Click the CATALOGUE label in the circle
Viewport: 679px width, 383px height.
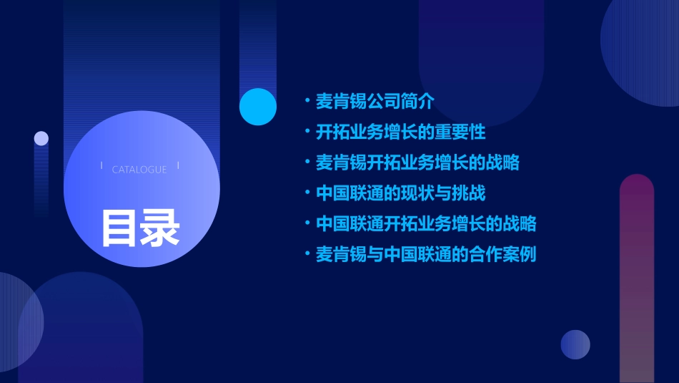[x=139, y=170]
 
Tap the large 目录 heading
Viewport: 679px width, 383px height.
[x=140, y=228]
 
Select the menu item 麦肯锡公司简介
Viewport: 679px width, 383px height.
[x=375, y=102]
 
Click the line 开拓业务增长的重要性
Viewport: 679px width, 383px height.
[x=401, y=132]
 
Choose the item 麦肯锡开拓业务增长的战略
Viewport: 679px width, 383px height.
[x=417, y=163]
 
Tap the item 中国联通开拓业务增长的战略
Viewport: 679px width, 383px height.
[x=426, y=223]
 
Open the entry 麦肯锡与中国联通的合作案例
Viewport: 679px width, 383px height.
[x=426, y=254]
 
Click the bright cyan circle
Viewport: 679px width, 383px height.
[x=258, y=107]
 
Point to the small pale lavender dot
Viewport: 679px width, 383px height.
[x=41, y=138]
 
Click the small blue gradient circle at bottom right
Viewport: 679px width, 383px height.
[x=575, y=344]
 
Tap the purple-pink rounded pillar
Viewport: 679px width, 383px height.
[x=637, y=279]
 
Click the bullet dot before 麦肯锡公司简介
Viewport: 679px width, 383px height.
[x=307, y=101]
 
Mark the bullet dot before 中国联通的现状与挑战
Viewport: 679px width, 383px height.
[x=307, y=193]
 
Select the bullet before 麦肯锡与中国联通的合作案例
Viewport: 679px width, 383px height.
[x=307, y=253]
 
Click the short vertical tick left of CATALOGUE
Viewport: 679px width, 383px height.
[x=102, y=166]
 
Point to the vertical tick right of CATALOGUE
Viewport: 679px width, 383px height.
[x=178, y=166]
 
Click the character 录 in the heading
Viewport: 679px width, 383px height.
[x=160, y=228]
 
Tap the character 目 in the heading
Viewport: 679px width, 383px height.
[x=119, y=228]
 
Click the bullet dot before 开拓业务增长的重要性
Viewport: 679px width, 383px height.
[x=307, y=132]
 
